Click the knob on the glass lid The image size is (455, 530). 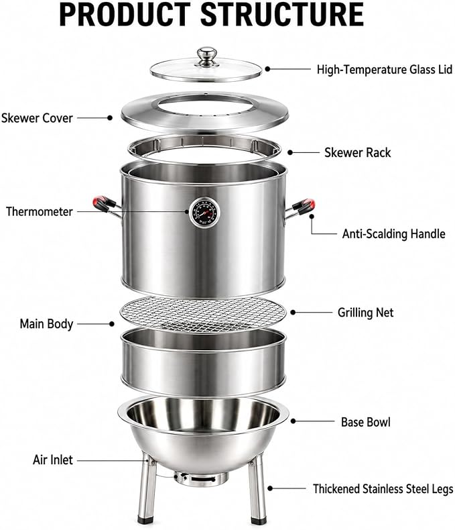(x=207, y=56)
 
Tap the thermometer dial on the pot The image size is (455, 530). (x=204, y=213)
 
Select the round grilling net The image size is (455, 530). (x=203, y=315)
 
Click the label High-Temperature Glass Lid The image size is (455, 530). (x=385, y=70)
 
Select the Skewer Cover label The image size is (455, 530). (x=37, y=118)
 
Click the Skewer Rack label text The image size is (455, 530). (x=357, y=153)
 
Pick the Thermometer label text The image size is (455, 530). (x=40, y=211)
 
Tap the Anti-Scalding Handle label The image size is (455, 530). (x=393, y=234)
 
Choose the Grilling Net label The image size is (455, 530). (x=366, y=313)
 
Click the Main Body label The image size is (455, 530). (x=47, y=324)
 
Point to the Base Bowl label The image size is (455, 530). (x=366, y=422)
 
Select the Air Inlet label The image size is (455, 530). (x=53, y=460)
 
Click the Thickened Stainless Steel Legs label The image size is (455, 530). (x=383, y=489)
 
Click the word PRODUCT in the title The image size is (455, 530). (x=125, y=15)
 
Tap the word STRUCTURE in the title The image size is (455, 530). (x=282, y=15)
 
